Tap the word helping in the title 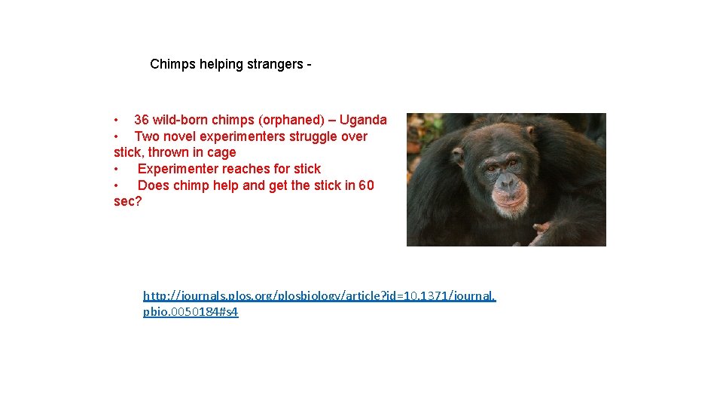220,64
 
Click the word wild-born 180,120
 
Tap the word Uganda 363,120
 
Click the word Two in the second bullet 146,136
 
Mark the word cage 221,152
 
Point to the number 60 366,185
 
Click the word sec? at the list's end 127,201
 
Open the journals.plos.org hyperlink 319,295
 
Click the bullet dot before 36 116,121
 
